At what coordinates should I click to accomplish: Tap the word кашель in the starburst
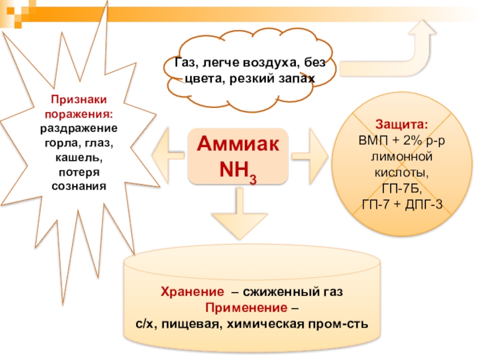click(x=79, y=158)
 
